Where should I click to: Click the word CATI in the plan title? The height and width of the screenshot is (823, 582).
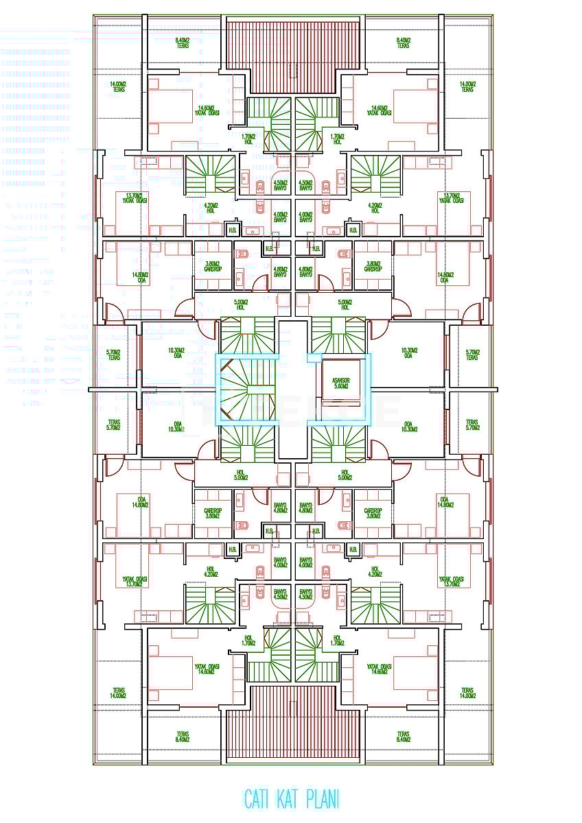tap(259, 799)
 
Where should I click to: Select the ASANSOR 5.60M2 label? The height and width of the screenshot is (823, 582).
tap(341, 383)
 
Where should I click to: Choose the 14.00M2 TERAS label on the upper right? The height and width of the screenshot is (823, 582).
tap(467, 87)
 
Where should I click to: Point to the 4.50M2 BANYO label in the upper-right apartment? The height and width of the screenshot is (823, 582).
tap(305, 185)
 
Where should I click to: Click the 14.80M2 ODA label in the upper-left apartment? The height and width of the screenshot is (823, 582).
tap(143, 277)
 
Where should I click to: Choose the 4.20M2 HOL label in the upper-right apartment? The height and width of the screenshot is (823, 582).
tap(375, 208)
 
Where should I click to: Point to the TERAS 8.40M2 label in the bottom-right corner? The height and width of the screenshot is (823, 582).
tap(403, 737)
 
